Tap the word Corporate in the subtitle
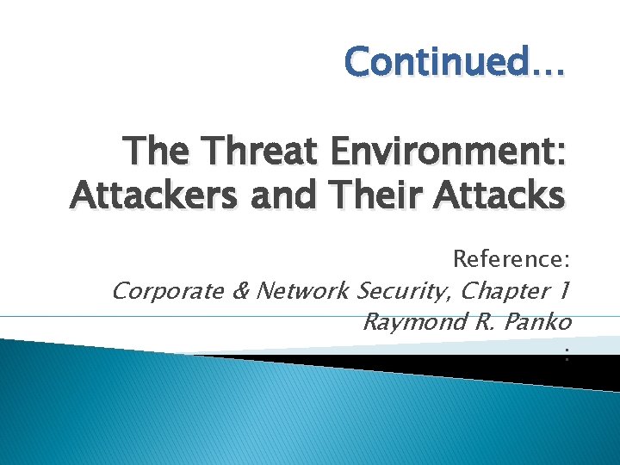[168, 291]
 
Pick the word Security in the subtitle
[405, 291]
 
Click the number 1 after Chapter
[561, 291]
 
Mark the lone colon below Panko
[567, 351]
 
